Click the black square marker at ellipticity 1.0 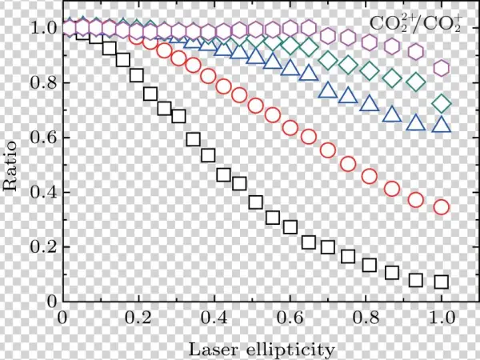point(441,282)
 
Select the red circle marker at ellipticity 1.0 point(441,207)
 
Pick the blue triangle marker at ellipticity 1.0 point(441,125)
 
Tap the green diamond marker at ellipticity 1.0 point(441,103)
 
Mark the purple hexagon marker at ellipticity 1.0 point(441,68)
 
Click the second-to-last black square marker point(416,280)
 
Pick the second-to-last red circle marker point(416,200)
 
